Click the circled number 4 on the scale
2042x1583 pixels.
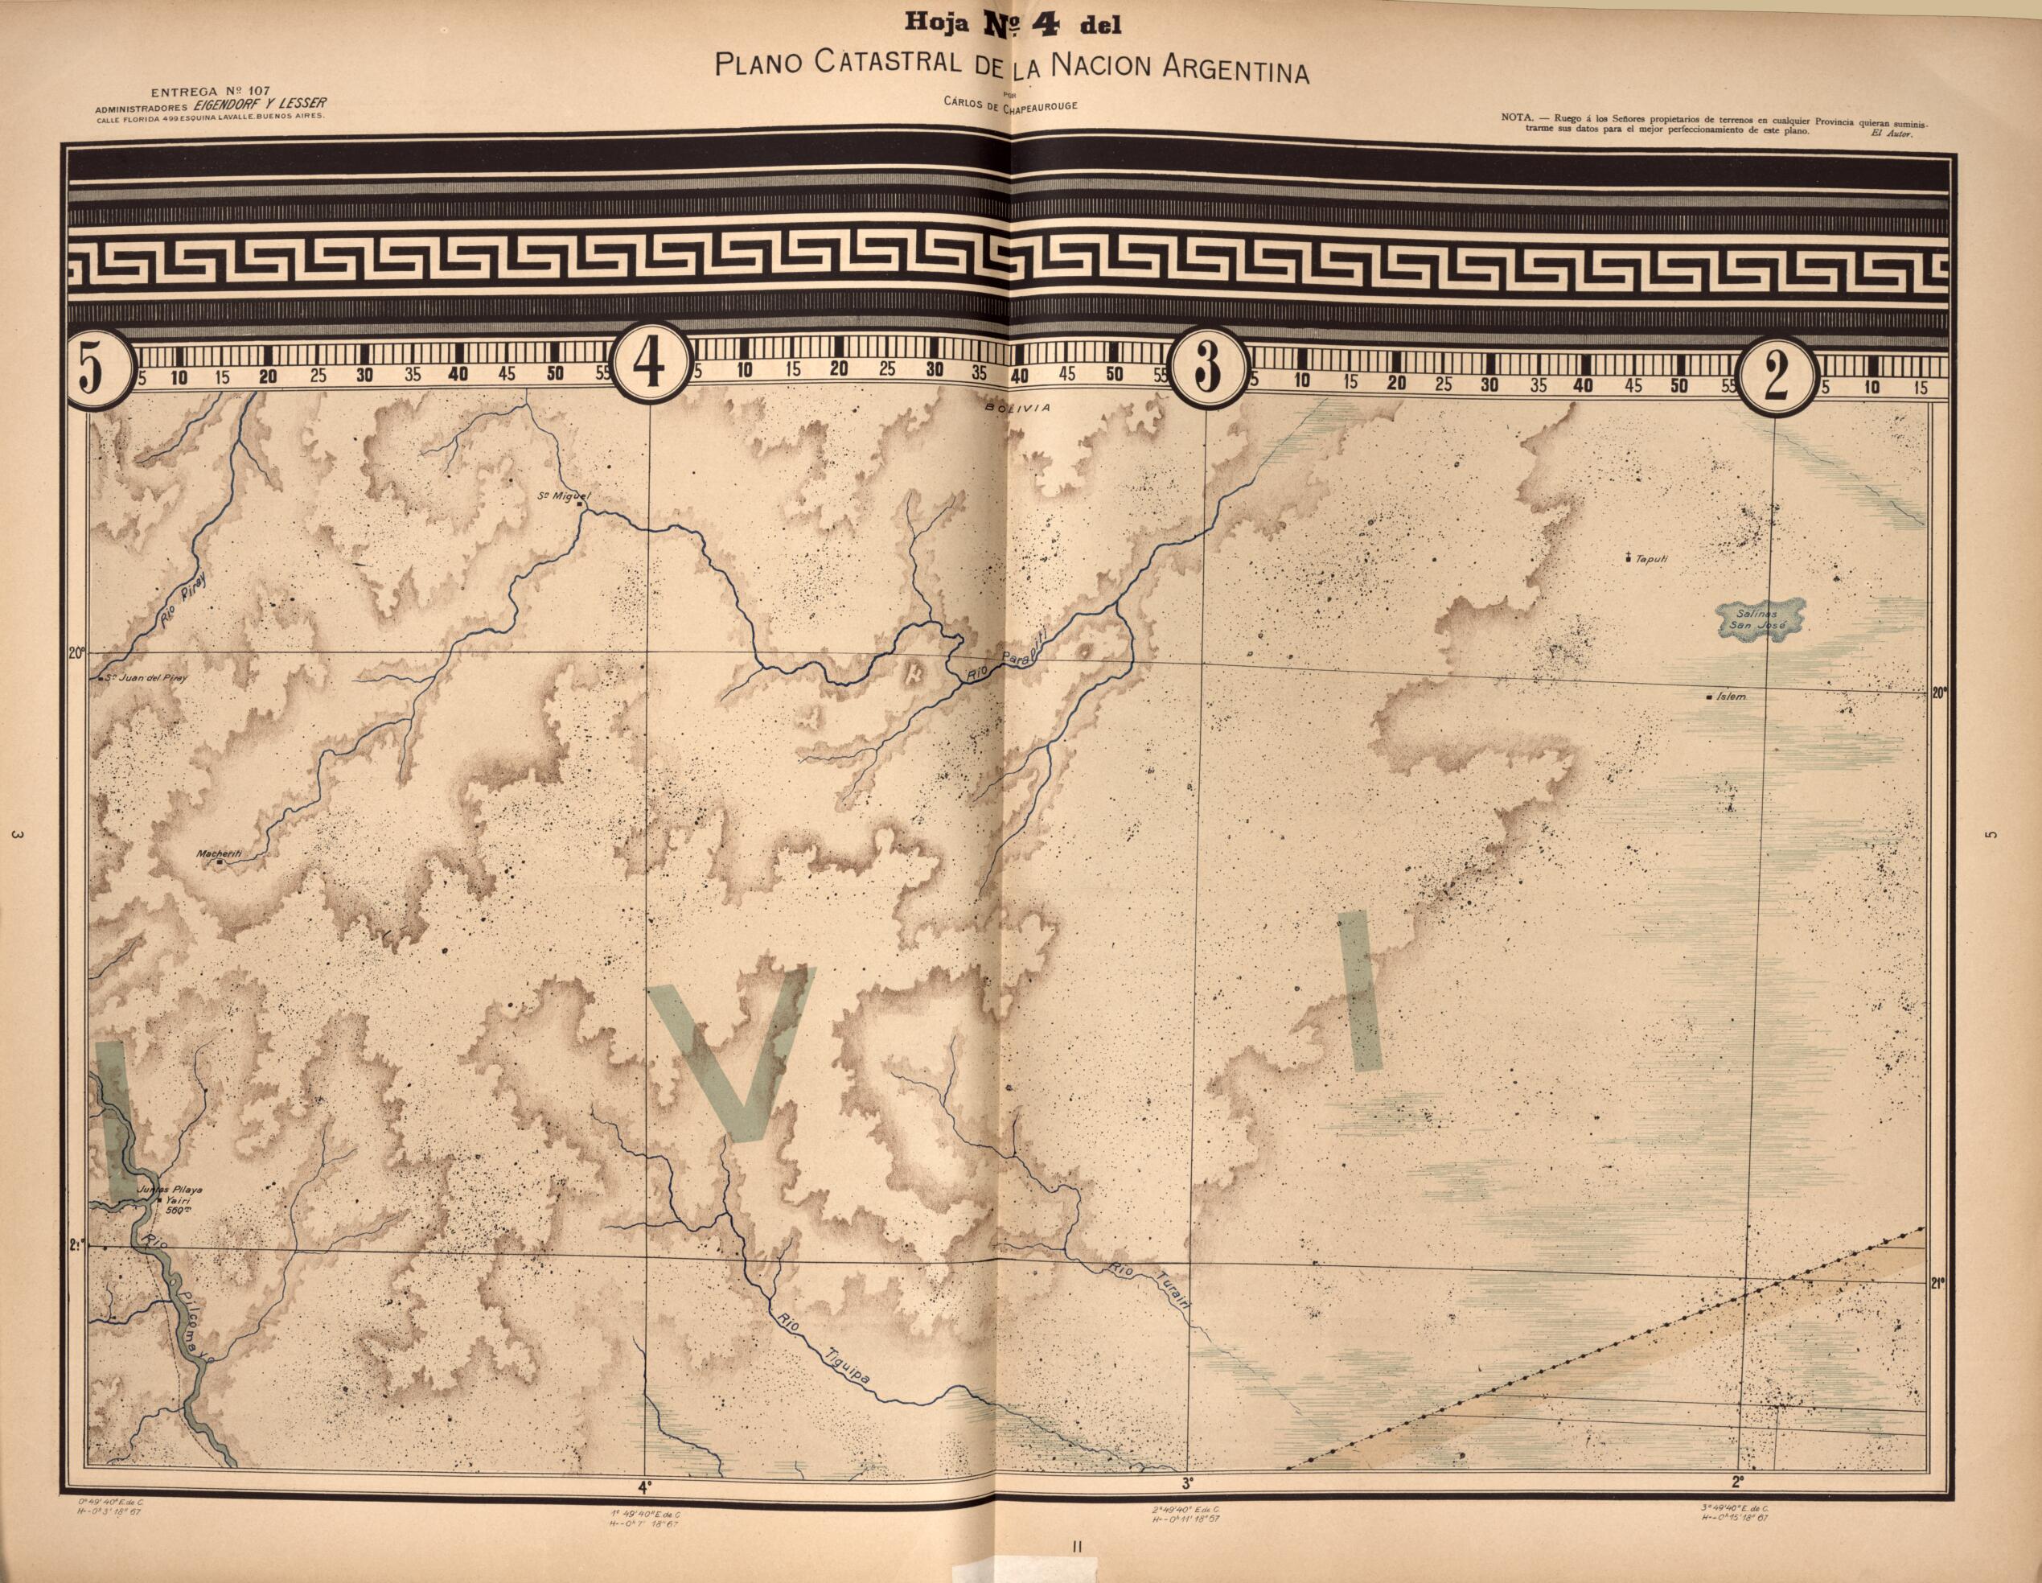pos(650,366)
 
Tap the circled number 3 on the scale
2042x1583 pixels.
pos(1208,368)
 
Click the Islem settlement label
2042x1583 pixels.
pos(1732,697)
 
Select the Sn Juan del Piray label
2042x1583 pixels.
pos(148,678)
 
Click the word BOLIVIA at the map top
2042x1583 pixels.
pos(1017,409)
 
